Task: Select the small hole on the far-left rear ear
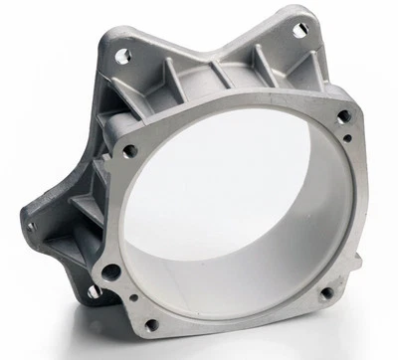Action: click(30, 226)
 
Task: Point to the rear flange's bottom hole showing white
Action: click(93, 291)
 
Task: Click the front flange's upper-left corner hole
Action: click(129, 151)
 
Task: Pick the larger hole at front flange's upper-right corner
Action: click(343, 116)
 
